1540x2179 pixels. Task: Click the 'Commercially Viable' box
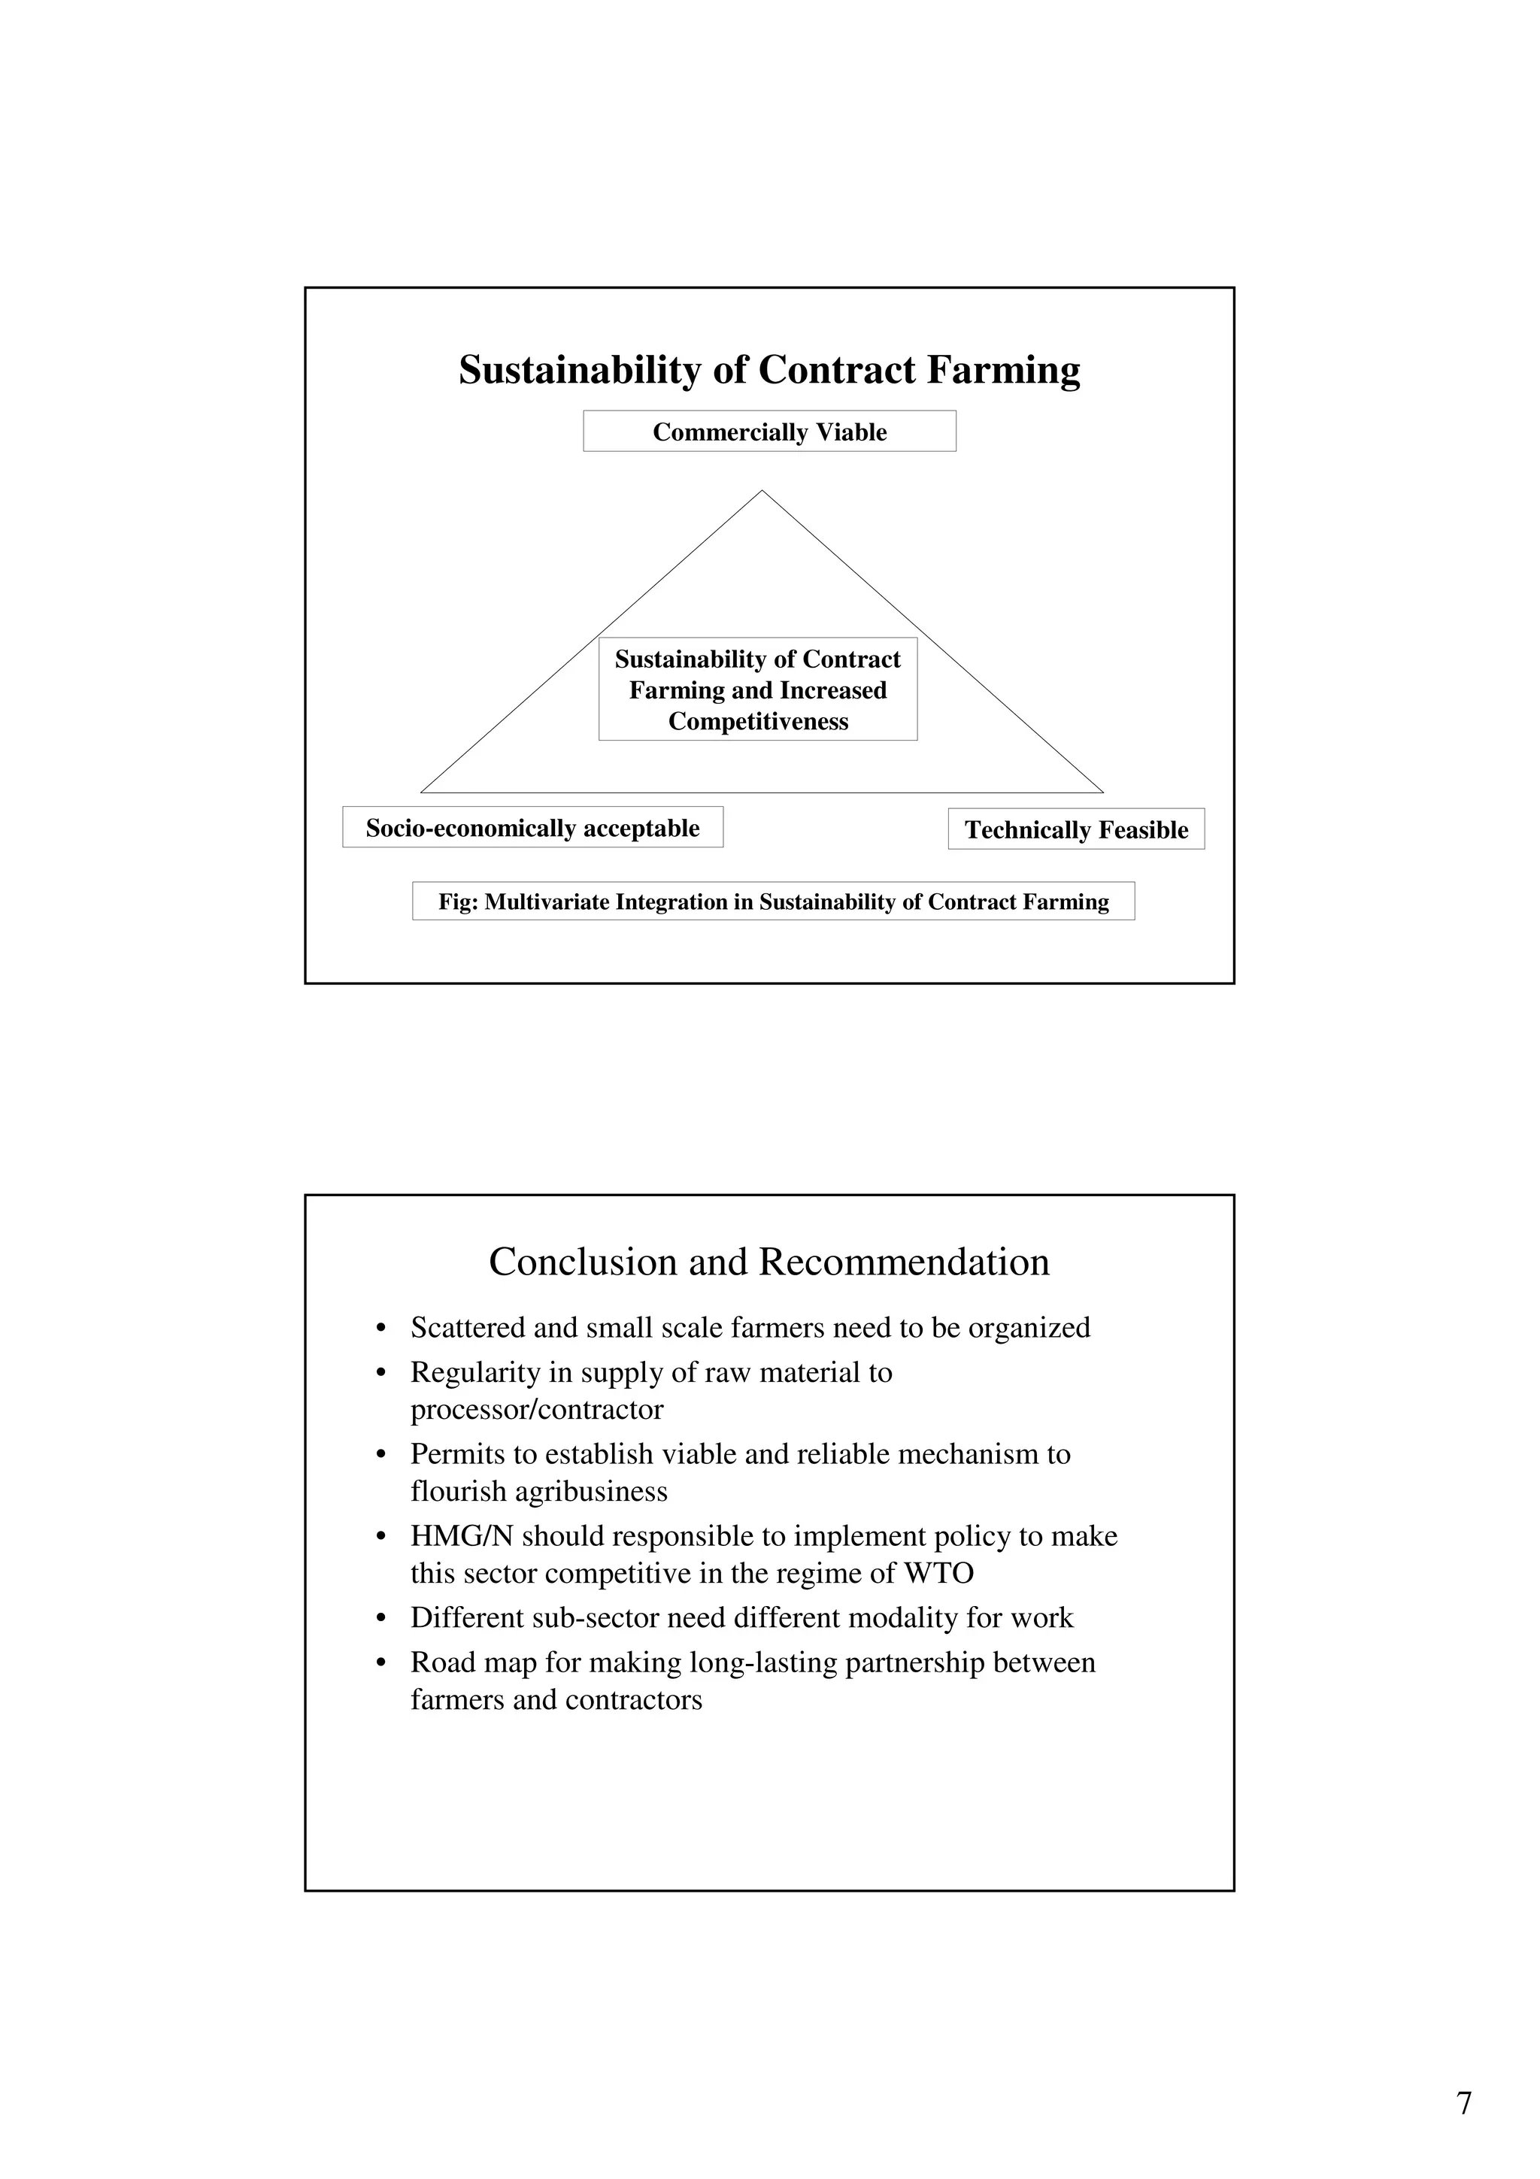tap(769, 432)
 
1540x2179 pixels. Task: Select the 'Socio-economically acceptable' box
tap(532, 828)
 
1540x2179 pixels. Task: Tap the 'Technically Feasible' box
tap(1076, 829)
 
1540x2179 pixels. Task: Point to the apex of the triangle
tap(762, 492)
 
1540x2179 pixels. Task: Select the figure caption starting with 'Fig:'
tap(773, 902)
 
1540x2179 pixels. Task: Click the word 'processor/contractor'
tap(537, 1409)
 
